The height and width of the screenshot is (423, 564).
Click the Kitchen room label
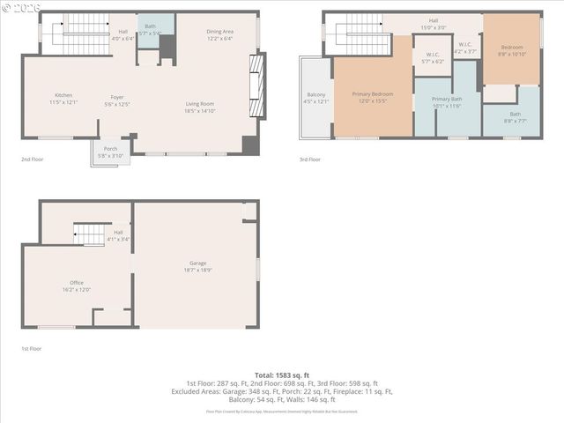tap(63, 95)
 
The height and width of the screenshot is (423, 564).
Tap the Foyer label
tap(116, 97)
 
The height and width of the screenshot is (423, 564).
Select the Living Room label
tap(199, 104)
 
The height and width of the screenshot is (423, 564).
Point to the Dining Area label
tap(219, 32)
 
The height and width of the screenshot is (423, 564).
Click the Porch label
tap(111, 148)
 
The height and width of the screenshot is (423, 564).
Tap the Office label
tap(77, 282)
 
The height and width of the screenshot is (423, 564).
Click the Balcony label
tap(315, 95)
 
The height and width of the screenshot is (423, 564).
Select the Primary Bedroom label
tap(372, 94)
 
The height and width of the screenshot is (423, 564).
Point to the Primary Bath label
tap(447, 99)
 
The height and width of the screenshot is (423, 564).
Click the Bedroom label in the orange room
tap(512, 47)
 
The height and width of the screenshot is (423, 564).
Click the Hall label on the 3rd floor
tap(433, 20)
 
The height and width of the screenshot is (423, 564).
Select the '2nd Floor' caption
tap(32, 160)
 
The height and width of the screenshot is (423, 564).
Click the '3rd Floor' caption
tap(309, 160)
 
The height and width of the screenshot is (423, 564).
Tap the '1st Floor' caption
tap(32, 349)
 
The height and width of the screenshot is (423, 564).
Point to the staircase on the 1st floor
tap(89, 234)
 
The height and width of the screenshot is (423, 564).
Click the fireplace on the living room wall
tap(256, 85)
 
